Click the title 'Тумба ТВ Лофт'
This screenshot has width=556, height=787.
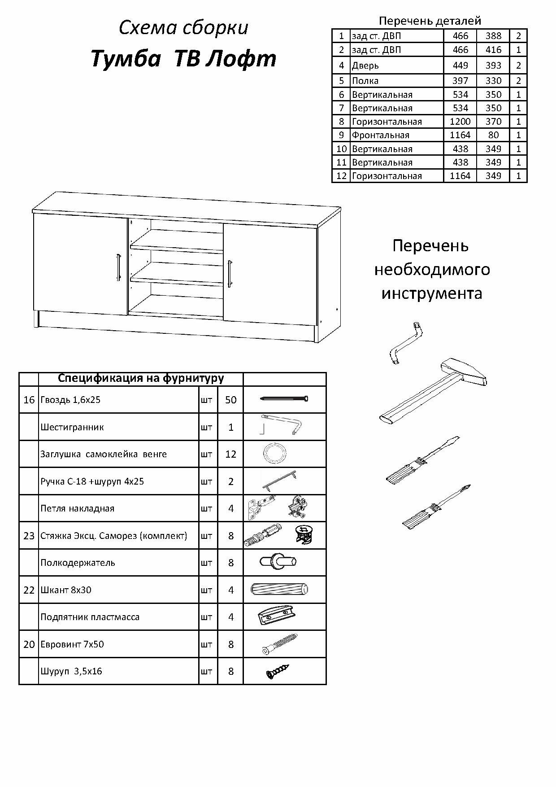click(183, 59)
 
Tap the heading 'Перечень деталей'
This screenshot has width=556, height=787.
click(430, 21)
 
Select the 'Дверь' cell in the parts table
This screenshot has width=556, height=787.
click(365, 66)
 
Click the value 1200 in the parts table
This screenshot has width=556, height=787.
click(460, 122)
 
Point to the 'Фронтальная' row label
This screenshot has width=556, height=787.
click(380, 135)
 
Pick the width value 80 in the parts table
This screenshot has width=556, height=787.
click(493, 135)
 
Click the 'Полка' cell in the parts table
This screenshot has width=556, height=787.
click(365, 81)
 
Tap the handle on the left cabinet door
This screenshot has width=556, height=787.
click(118, 268)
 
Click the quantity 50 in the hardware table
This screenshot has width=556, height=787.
click(230, 400)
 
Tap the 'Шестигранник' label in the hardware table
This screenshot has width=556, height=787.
click(72, 427)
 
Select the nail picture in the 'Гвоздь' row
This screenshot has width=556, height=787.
click(284, 398)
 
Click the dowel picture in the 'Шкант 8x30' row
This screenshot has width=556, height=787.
click(280, 589)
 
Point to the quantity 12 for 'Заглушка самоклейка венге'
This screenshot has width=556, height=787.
click(230, 454)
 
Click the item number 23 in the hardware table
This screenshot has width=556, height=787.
click(29, 536)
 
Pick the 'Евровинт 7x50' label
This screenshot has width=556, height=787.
click(72, 644)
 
